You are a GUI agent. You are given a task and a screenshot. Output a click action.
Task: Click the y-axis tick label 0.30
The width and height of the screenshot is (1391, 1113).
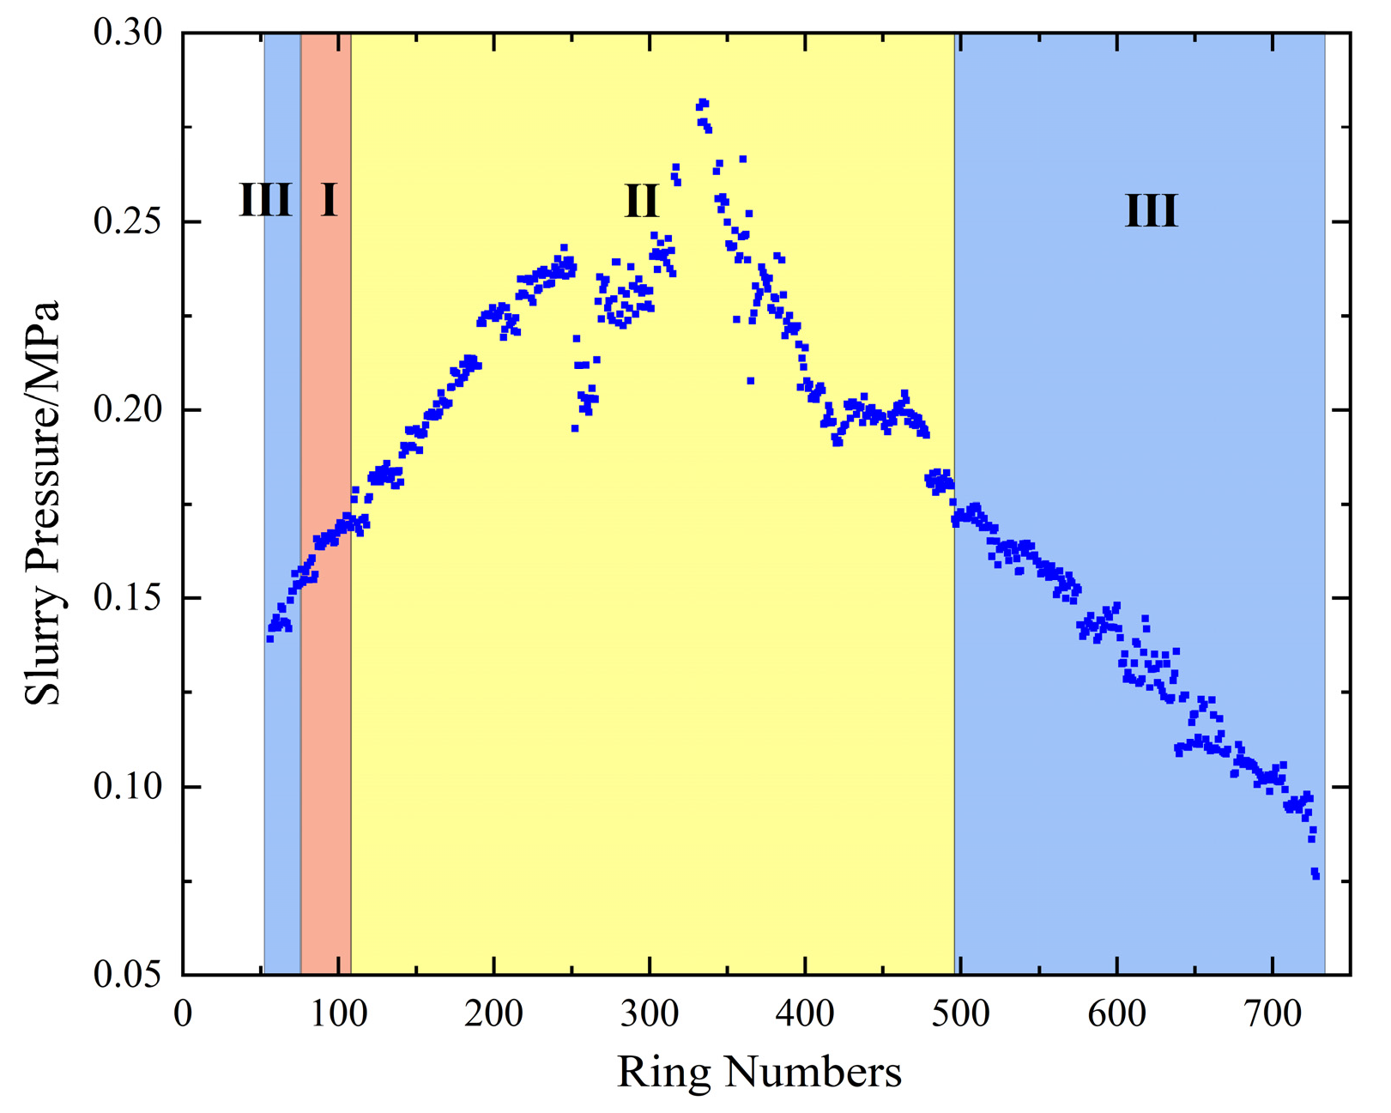127,33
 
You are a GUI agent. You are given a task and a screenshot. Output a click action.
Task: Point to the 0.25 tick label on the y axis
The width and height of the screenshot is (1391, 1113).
127,222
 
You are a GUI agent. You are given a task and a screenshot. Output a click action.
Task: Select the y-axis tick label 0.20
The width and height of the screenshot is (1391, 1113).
127,410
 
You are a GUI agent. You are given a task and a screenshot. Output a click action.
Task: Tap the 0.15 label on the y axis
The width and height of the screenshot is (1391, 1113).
127,599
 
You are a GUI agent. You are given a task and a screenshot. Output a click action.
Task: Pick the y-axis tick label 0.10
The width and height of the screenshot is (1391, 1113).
127,787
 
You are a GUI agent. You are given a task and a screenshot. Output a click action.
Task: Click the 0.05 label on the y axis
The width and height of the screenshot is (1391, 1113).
127,976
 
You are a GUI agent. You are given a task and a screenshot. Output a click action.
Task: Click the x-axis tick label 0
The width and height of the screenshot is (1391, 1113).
183,1014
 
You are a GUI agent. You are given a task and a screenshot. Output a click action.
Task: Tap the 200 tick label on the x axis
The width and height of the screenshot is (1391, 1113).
494,1014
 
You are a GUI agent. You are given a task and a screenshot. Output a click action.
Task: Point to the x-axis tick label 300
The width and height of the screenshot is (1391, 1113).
650,1014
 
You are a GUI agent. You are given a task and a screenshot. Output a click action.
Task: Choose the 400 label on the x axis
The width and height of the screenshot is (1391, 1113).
806,1014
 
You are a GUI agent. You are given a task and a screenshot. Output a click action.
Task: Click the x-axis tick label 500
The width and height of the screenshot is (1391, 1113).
961,1014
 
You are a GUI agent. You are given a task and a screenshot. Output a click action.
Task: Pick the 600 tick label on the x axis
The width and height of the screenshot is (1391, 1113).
1116,1014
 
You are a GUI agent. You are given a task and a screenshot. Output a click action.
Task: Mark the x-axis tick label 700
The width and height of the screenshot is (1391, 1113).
1273,1014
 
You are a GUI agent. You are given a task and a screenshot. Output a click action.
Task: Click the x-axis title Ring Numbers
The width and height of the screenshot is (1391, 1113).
759,1073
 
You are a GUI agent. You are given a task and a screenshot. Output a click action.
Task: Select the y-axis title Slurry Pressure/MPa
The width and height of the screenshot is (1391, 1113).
43,503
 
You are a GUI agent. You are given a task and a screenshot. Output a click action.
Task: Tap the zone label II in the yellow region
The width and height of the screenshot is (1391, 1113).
641,202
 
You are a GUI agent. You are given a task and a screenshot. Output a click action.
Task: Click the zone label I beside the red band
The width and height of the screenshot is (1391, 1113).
329,200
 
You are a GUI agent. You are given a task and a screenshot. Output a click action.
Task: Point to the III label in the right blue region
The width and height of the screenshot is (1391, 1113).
1152,211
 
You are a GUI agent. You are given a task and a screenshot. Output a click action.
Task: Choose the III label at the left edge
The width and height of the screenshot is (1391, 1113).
265,201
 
